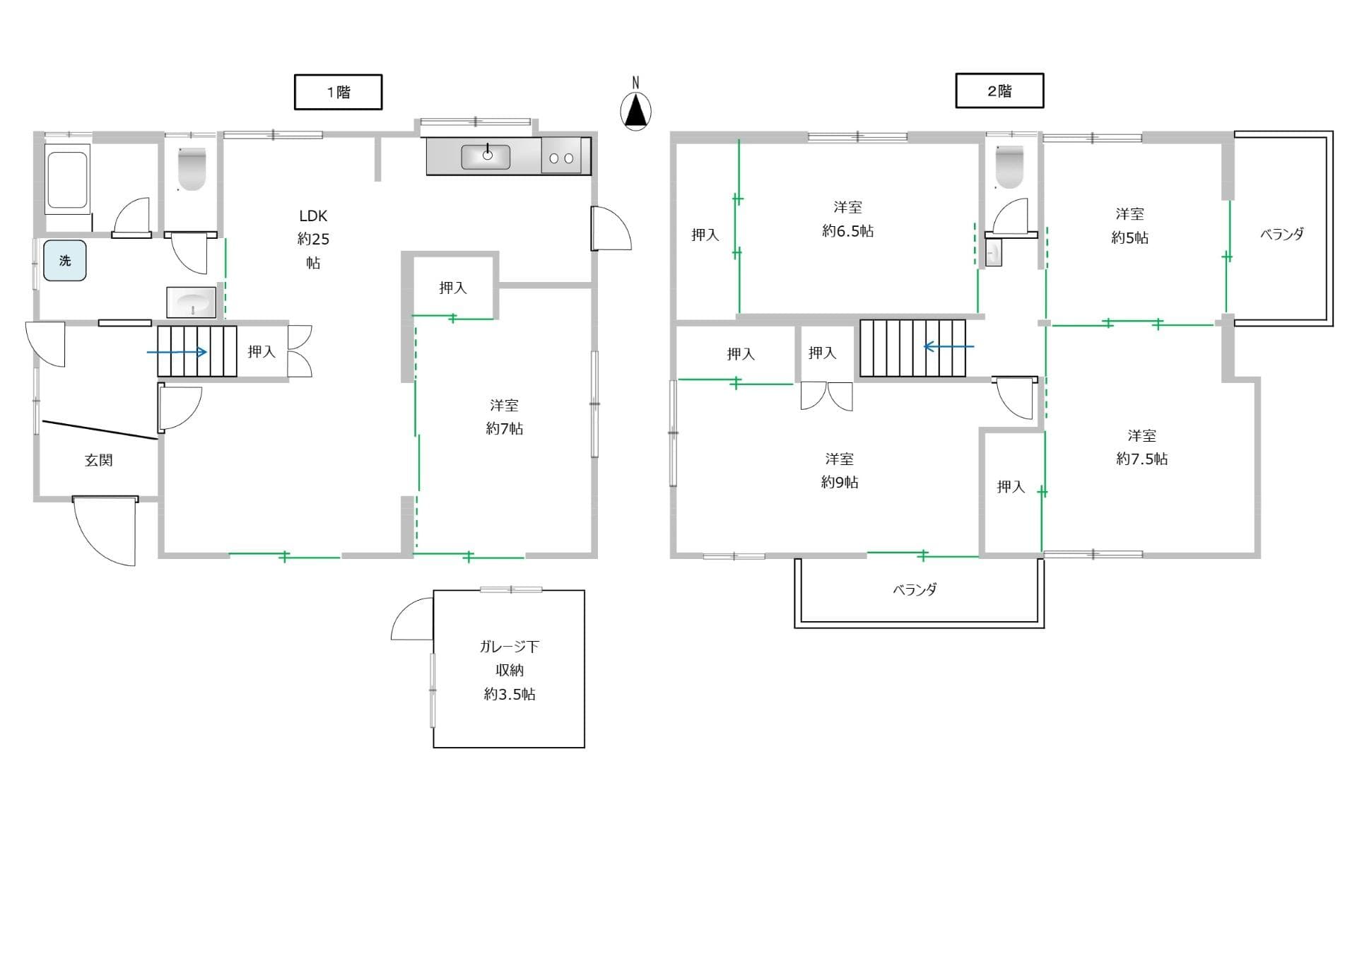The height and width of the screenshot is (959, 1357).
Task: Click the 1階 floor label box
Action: [x=338, y=92]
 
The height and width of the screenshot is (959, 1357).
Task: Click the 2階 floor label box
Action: [x=999, y=90]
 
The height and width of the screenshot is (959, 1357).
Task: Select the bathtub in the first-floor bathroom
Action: [x=68, y=179]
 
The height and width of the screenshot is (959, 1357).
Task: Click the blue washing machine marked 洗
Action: [x=65, y=261]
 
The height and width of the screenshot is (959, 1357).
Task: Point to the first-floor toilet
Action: [x=192, y=169]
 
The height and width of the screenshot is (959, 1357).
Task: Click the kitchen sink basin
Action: [x=486, y=156]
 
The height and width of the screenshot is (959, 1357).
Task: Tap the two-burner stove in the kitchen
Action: [x=562, y=157]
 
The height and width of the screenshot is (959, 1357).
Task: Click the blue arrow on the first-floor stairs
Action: [x=177, y=352]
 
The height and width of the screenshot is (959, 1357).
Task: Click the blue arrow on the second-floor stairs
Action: [x=949, y=346]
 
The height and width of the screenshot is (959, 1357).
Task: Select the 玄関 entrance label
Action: [x=99, y=460]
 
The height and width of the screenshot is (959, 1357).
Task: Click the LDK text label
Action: [x=313, y=216]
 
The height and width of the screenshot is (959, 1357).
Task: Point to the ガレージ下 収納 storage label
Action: [x=509, y=658]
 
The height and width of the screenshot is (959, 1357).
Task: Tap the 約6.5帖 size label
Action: [x=847, y=231]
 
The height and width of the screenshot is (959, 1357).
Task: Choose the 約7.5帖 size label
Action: [x=1141, y=459]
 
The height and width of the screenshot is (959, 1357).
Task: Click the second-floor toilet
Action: [x=1009, y=167]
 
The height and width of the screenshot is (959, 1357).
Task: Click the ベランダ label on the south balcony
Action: [x=915, y=589]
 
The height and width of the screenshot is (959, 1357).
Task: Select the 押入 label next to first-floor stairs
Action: [x=262, y=351]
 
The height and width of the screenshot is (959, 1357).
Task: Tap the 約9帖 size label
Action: [x=840, y=482]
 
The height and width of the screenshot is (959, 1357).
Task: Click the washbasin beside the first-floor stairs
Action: [x=192, y=302]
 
